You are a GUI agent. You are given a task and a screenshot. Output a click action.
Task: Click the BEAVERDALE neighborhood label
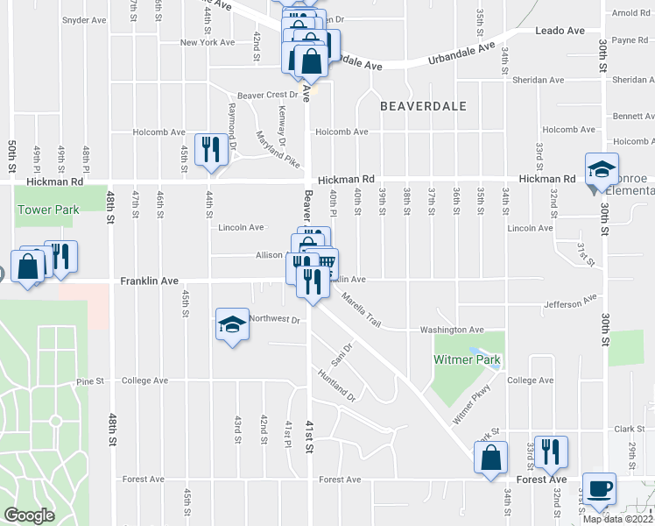point(423,105)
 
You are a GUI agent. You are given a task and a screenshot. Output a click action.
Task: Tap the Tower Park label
point(48,210)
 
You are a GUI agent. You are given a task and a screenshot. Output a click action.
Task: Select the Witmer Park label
point(467,360)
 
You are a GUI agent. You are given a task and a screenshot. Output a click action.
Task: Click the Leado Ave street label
point(560,31)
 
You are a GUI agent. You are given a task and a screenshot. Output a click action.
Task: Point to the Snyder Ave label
point(85,19)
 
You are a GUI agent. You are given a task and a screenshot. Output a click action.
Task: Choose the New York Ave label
point(207,42)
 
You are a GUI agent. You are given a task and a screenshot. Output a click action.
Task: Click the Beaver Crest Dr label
point(268,96)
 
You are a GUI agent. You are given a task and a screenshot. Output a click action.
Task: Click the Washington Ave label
point(452,330)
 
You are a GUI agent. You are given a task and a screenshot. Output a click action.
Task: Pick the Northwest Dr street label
point(274,320)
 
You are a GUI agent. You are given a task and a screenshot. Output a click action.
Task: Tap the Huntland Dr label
point(337,384)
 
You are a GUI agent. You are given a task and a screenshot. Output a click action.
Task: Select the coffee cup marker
point(599,488)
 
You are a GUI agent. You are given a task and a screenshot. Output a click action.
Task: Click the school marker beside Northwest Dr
point(231,324)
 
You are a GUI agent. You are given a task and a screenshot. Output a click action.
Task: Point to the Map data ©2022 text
point(617,519)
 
